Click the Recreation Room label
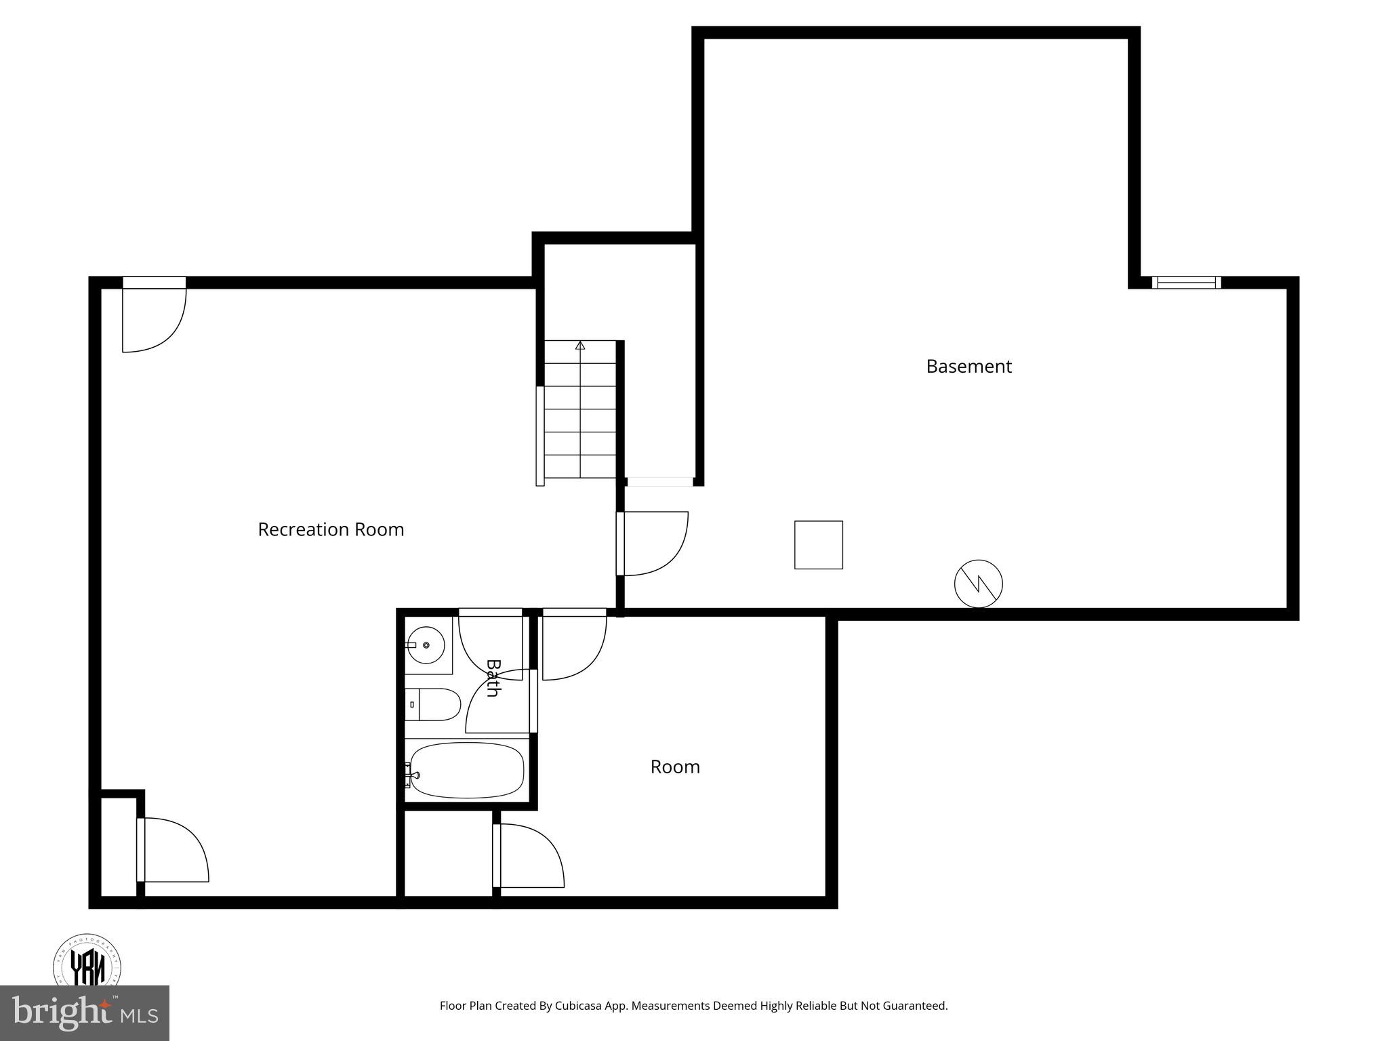(x=331, y=529)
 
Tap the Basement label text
(x=968, y=367)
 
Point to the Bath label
(x=493, y=678)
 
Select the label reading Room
(x=675, y=767)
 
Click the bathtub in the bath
(x=467, y=771)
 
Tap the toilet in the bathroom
(x=434, y=705)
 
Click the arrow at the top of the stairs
(x=580, y=346)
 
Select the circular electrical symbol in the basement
(x=978, y=584)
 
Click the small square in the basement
(x=819, y=545)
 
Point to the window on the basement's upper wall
(x=1186, y=283)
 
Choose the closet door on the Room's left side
(x=528, y=855)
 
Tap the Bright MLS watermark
(x=85, y=1013)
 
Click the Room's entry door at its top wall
(x=573, y=644)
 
